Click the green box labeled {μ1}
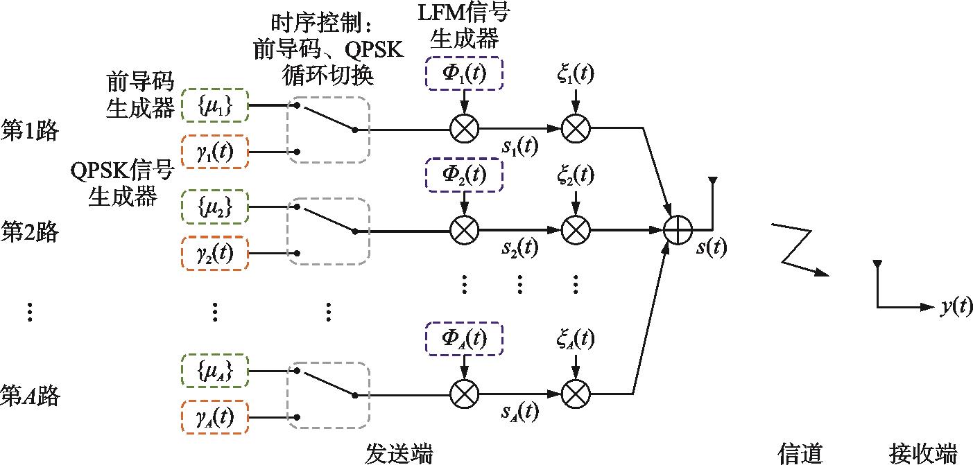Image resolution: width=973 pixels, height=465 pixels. click(x=214, y=107)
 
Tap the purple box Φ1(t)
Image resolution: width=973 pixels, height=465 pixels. click(x=464, y=75)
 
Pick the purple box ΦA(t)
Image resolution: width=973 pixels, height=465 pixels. click(x=464, y=338)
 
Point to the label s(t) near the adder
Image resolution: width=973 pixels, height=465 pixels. click(x=710, y=247)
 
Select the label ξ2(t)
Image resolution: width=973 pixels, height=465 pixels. click(x=575, y=175)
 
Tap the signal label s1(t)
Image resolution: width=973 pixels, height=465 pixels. click(x=520, y=146)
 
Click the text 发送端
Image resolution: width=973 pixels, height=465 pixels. click(x=399, y=454)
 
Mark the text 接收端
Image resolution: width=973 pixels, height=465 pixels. click(x=922, y=454)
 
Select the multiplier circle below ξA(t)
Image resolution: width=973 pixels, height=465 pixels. click(x=575, y=395)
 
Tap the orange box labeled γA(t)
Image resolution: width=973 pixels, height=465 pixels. click(x=214, y=418)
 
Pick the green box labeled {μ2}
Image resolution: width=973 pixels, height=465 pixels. click(x=214, y=205)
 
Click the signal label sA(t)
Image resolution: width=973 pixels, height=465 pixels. click(x=520, y=413)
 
